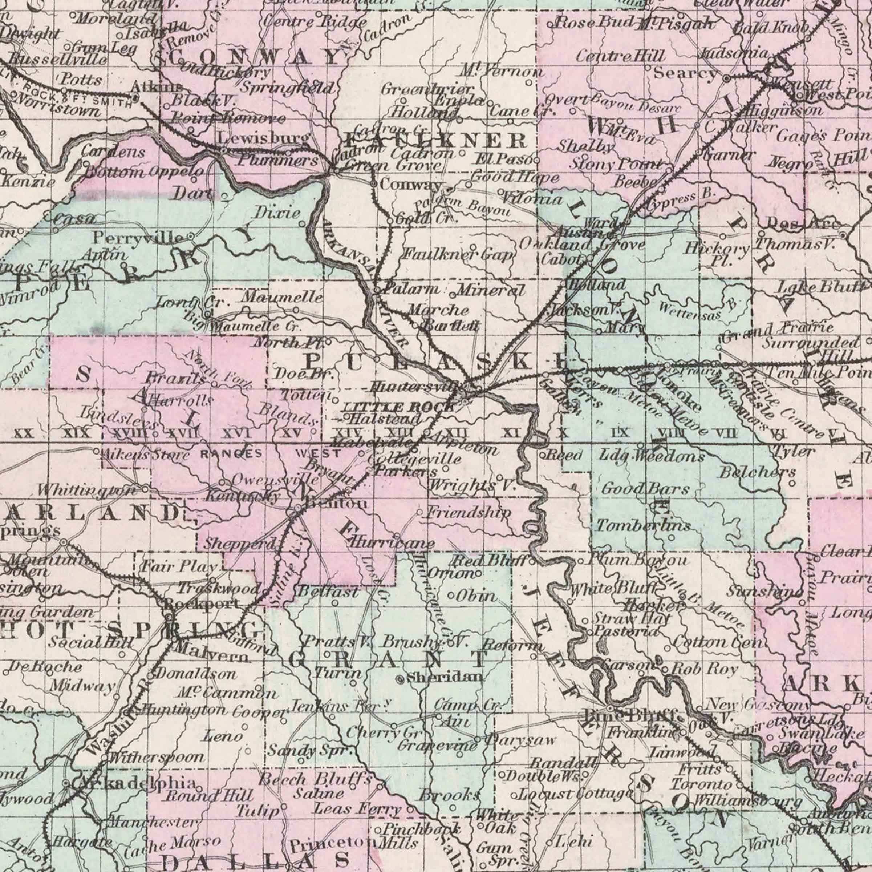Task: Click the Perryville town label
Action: tap(138, 237)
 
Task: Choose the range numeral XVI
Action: tap(236, 434)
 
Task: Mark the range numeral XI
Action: tap(512, 433)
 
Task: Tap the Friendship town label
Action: tap(469, 513)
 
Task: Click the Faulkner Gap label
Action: tap(458, 255)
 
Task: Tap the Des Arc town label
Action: tap(803, 223)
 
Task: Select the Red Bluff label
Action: tap(490, 562)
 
